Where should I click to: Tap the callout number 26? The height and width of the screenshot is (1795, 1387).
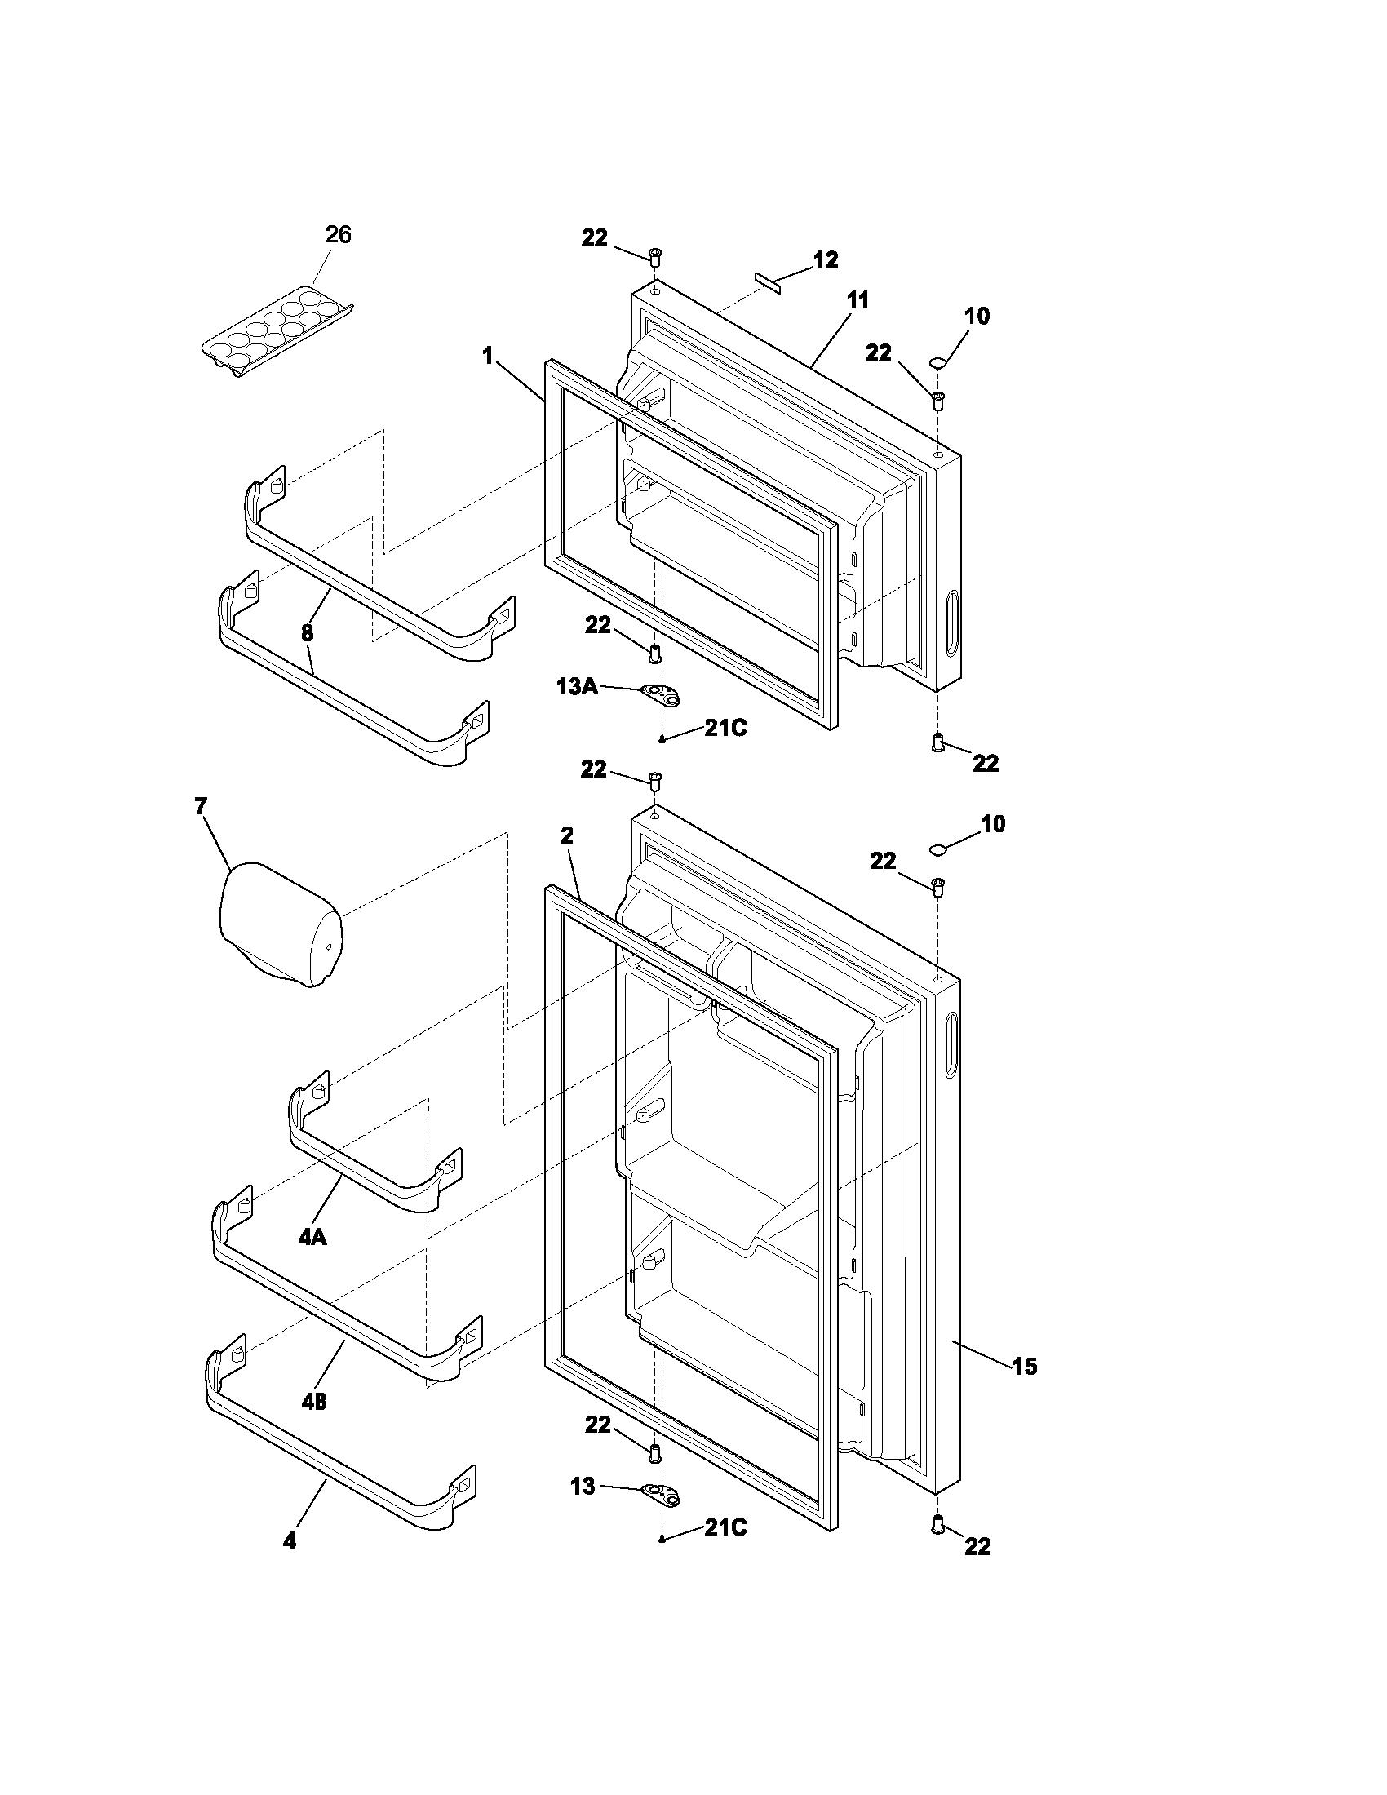[338, 235]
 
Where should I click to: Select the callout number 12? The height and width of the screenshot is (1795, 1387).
[826, 260]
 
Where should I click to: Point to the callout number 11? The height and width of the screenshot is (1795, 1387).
[857, 301]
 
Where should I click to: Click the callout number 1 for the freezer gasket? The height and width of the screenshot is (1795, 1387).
[488, 356]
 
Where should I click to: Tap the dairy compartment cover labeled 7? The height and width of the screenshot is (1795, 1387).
[279, 924]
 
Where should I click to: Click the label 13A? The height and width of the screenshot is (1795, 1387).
[577, 687]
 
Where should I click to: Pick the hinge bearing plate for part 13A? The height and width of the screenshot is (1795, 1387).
[662, 696]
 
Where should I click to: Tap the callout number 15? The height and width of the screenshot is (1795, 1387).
[1025, 1367]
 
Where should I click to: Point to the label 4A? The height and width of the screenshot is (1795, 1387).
[312, 1237]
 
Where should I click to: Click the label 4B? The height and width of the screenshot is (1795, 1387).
[313, 1402]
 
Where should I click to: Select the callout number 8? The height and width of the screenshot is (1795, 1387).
[307, 633]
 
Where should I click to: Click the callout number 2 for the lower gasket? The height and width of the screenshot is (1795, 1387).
[567, 835]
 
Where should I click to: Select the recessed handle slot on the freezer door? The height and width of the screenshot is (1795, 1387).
[952, 623]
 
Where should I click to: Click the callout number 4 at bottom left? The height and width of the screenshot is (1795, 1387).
[290, 1542]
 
